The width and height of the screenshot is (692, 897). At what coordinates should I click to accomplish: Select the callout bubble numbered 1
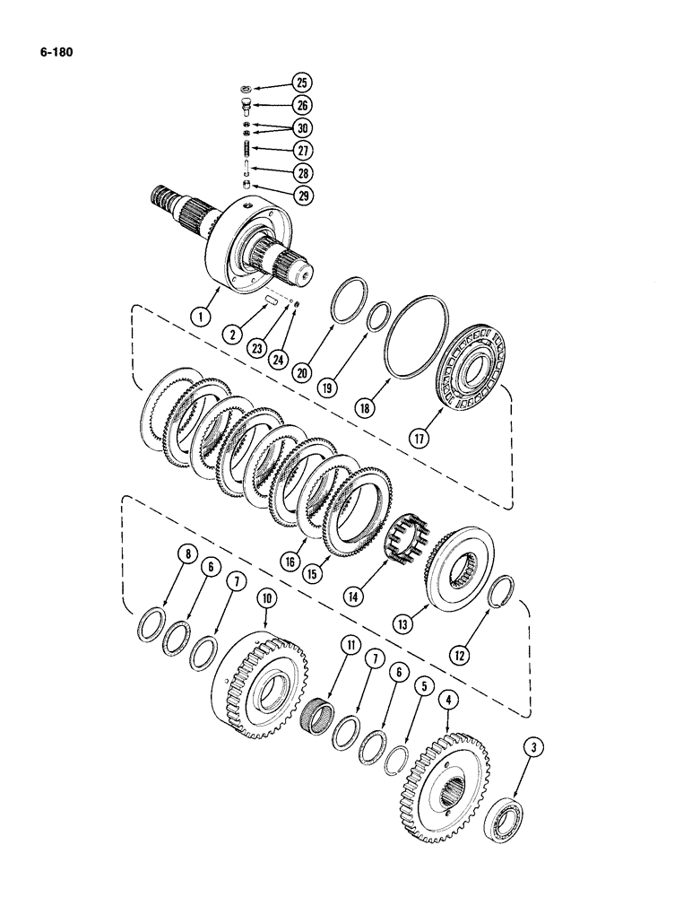tap(203, 316)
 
